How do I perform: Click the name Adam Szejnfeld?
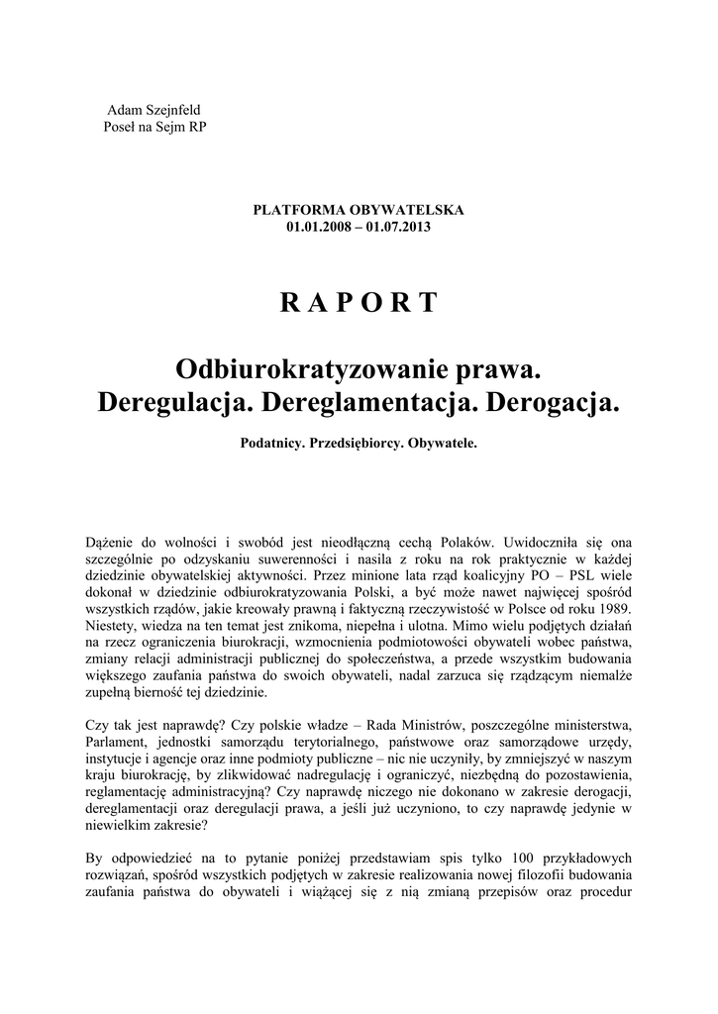pyautogui.click(x=152, y=109)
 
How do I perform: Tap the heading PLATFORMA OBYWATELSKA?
pyautogui.click(x=359, y=211)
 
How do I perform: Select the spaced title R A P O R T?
pyautogui.click(x=359, y=303)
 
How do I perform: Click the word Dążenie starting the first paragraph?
pyautogui.click(x=113, y=543)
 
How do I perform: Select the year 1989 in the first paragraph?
pyautogui.click(x=610, y=606)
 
